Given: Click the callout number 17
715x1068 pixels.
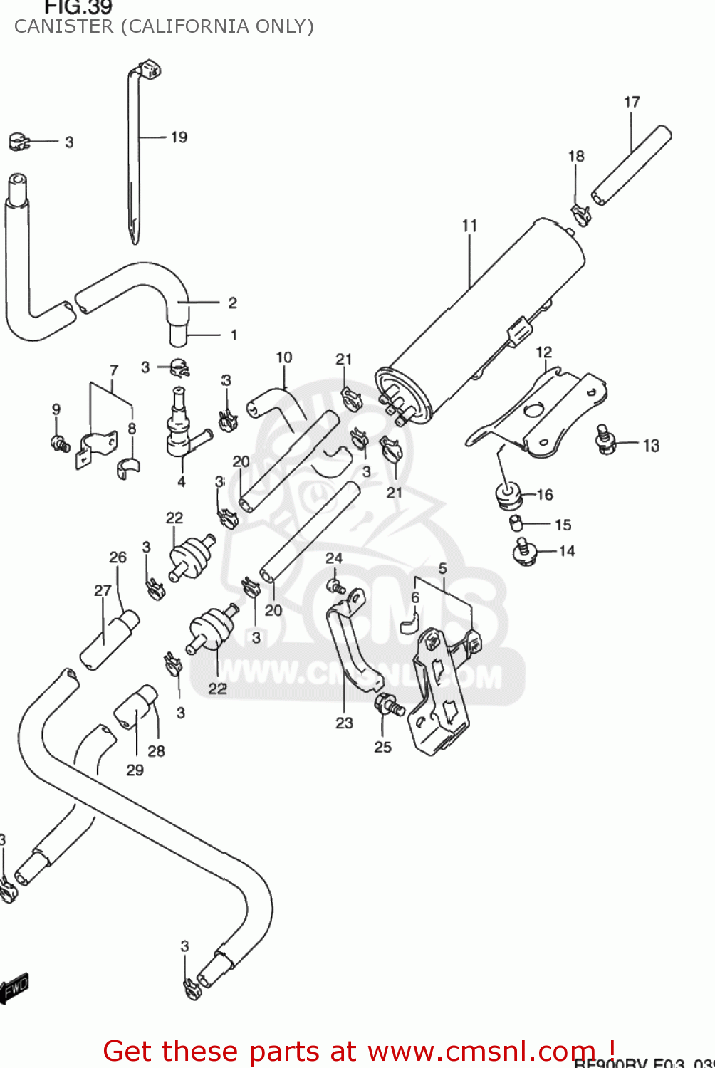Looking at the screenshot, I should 632,102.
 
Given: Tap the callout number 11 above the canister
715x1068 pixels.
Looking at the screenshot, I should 469,225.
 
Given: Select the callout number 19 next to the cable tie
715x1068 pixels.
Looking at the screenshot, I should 179,137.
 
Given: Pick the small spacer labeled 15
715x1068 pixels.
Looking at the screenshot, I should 516,524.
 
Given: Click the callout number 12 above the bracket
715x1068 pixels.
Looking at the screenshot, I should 543,352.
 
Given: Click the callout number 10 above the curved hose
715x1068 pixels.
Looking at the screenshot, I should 283,357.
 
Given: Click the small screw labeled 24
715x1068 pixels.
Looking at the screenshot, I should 335,586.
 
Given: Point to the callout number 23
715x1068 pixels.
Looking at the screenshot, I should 344,723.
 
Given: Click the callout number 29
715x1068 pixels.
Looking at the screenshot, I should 135,770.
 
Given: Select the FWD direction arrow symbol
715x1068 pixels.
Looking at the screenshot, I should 14,988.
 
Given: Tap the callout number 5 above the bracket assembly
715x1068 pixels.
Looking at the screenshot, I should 442,568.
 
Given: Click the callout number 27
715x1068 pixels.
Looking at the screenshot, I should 103,590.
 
